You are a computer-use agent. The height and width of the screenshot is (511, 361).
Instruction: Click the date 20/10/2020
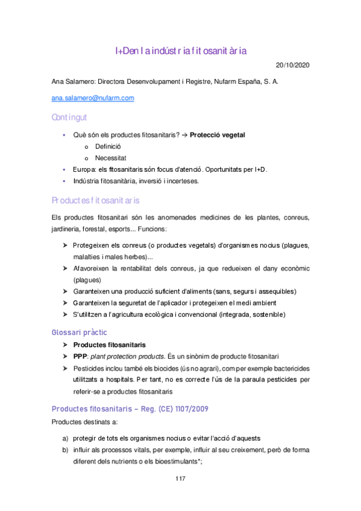tap(292, 65)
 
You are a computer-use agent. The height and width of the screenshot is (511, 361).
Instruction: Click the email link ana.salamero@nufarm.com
tap(93, 98)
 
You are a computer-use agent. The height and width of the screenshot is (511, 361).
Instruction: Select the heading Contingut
tap(69, 116)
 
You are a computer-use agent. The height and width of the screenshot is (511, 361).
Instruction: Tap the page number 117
tap(180, 478)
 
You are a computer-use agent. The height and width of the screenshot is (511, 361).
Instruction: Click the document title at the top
tap(181, 51)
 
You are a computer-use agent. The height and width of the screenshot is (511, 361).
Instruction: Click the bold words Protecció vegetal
tap(217, 134)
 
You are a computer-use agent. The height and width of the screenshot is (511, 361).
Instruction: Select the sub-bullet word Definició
tap(108, 146)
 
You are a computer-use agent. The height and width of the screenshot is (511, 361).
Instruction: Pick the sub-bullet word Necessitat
tap(110, 158)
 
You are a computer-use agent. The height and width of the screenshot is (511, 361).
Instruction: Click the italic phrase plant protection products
tap(132, 356)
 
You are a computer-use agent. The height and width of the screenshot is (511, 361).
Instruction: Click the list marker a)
tap(65, 437)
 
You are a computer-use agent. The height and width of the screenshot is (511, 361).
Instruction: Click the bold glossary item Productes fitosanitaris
tap(109, 345)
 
